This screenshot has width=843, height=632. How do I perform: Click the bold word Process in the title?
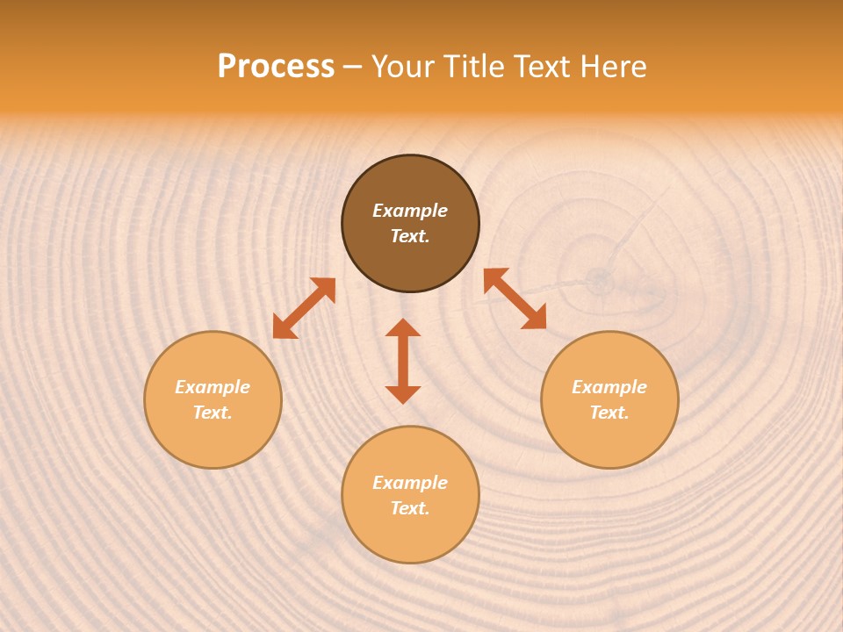point(276,67)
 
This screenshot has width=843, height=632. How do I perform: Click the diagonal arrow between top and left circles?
point(304,308)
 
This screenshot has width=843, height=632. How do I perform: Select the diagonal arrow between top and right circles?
point(515,298)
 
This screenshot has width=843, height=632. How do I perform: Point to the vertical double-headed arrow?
point(403,361)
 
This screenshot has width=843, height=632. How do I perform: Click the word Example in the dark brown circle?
point(410,211)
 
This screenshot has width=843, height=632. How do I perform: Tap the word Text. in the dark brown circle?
point(410,236)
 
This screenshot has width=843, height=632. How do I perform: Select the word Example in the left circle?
point(213,387)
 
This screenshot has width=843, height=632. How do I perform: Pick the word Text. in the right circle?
point(609,413)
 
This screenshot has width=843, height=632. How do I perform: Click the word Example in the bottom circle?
point(410,483)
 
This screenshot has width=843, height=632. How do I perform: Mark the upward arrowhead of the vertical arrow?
point(403,327)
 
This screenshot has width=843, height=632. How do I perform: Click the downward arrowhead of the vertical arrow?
point(403,394)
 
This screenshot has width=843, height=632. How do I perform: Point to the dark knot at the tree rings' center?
point(601,280)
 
